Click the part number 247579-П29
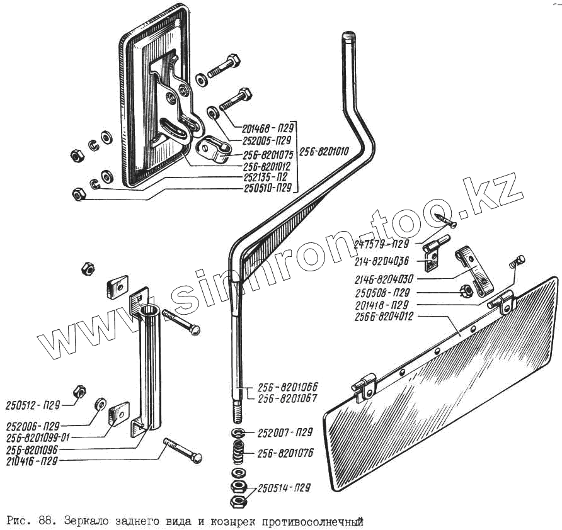pos(382,243)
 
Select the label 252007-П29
pos(285,432)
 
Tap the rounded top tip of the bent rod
pos(348,36)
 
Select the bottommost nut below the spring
pos(238,501)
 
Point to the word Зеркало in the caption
pos(84,521)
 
